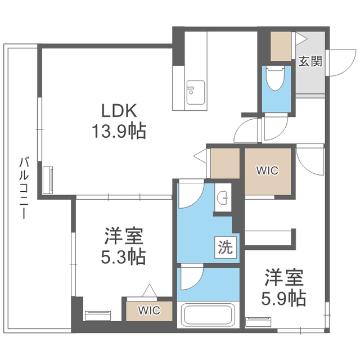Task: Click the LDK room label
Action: pos(120,110)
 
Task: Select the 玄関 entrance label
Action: pos(310,61)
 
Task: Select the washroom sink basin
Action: pos(224,197)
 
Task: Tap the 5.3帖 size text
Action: pos(124,257)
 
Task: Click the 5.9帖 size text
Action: pos(285,298)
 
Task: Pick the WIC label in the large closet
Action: pos(267,171)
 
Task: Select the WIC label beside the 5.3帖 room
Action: pos(149,310)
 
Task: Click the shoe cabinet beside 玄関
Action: pos(280,47)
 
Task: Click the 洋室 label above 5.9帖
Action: pos(285,277)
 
